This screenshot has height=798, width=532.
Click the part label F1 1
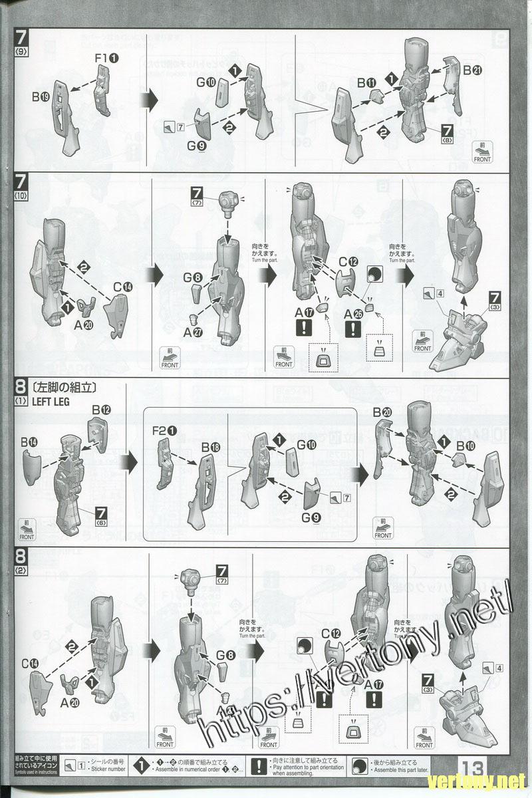(x=106, y=59)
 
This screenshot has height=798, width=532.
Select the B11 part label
(x=366, y=82)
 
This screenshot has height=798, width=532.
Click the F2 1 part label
(x=164, y=431)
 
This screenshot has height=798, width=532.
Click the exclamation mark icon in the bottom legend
(x=257, y=765)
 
